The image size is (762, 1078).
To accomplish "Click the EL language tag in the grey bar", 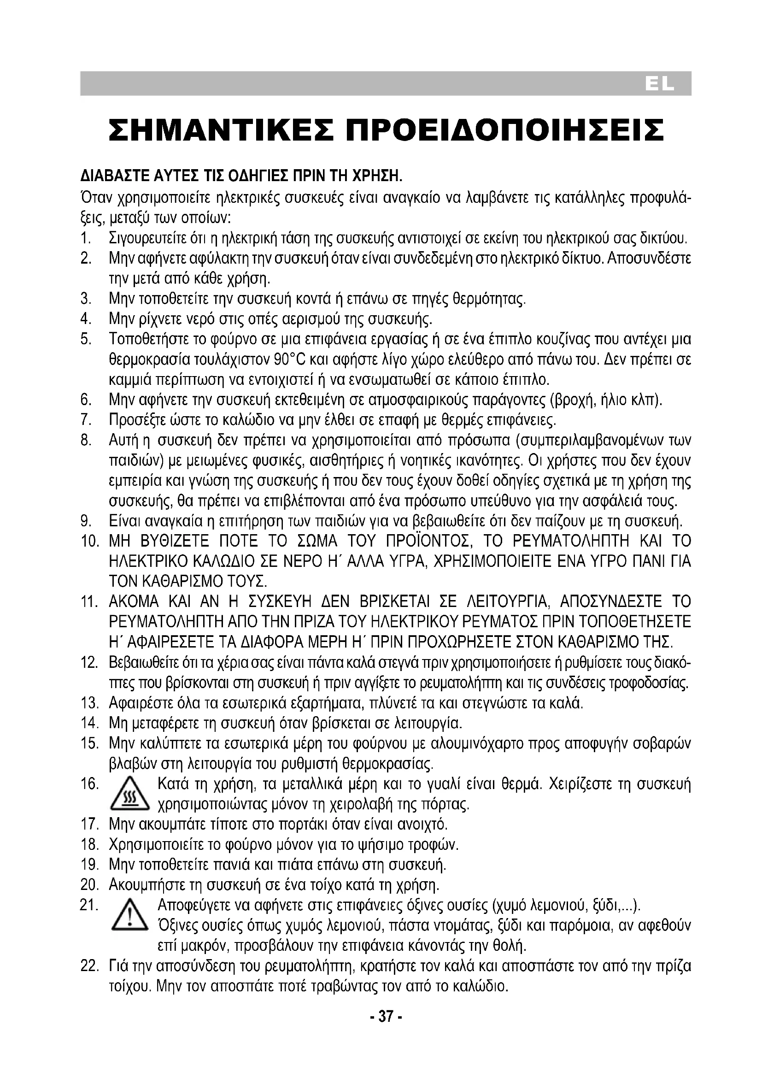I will tap(659, 84).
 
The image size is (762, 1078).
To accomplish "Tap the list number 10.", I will tap(89, 542).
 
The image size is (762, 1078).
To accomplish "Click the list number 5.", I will tap(85, 339).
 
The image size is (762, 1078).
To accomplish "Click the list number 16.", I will tap(89, 784).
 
